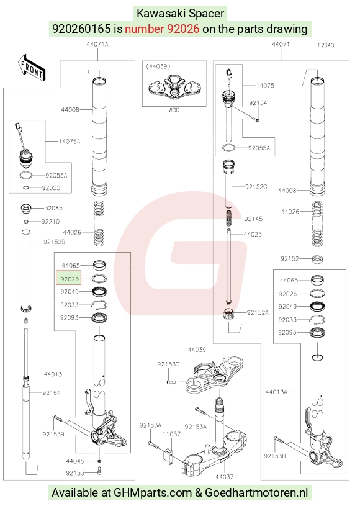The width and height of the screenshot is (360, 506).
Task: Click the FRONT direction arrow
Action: pyautogui.click(x=32, y=68)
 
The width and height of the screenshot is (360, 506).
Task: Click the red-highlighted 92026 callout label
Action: pyautogui.click(x=69, y=278)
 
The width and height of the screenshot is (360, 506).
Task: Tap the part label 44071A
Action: pyautogui.click(x=97, y=44)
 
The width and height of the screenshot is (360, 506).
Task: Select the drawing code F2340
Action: pyautogui.click(x=326, y=45)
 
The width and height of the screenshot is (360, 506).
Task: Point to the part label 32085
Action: pyautogui.click(x=53, y=208)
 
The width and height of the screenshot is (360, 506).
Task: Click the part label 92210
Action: pyautogui.click(x=50, y=222)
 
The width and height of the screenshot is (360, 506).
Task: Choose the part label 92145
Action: pyautogui.click(x=253, y=219)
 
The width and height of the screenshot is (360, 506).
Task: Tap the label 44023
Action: pyautogui.click(x=253, y=234)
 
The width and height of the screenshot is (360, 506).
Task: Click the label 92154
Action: pyautogui.click(x=258, y=102)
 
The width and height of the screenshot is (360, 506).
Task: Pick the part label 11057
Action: pyautogui.click(x=171, y=434)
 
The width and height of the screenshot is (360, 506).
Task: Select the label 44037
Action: pyautogui.click(x=224, y=477)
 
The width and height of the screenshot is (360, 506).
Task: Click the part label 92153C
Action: pyautogui.click(x=168, y=364)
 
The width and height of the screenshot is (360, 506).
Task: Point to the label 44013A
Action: pyautogui.click(x=276, y=392)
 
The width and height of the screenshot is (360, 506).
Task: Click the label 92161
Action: pyautogui.click(x=52, y=393)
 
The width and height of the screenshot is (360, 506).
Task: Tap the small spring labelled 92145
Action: pyautogui.click(x=228, y=219)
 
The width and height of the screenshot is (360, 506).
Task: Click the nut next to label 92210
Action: pyautogui.click(x=27, y=222)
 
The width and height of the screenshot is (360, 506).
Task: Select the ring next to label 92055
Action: pyautogui.click(x=26, y=188)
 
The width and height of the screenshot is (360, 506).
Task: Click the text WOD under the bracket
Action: pyautogui.click(x=174, y=110)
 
